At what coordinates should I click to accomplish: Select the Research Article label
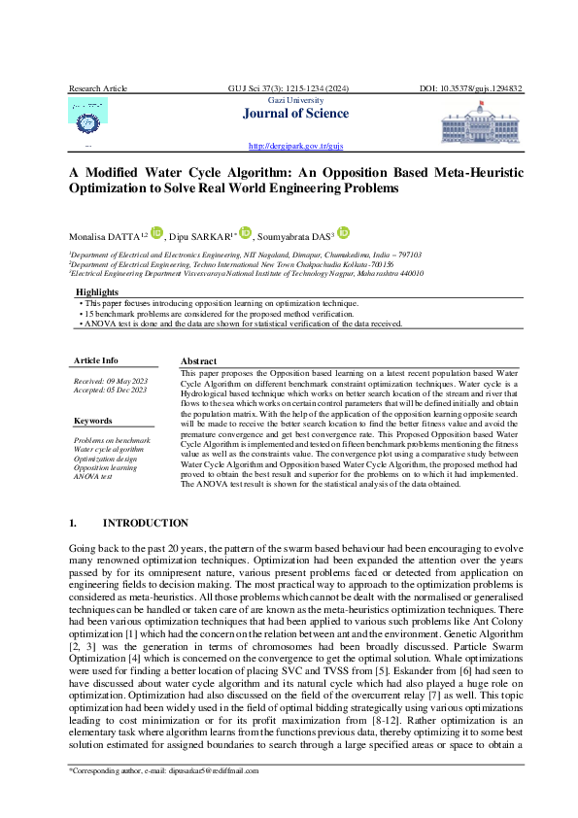[x=98, y=88]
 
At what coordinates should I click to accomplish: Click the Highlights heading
[x=97, y=291]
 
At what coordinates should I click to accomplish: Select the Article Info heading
[x=96, y=360]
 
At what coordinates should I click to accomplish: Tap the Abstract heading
[x=199, y=360]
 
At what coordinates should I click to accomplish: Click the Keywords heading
[x=93, y=421]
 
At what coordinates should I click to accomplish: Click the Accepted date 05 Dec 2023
[x=110, y=390]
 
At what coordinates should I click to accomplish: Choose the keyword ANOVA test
[x=93, y=476]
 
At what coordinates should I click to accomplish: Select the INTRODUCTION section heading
[x=146, y=523]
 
